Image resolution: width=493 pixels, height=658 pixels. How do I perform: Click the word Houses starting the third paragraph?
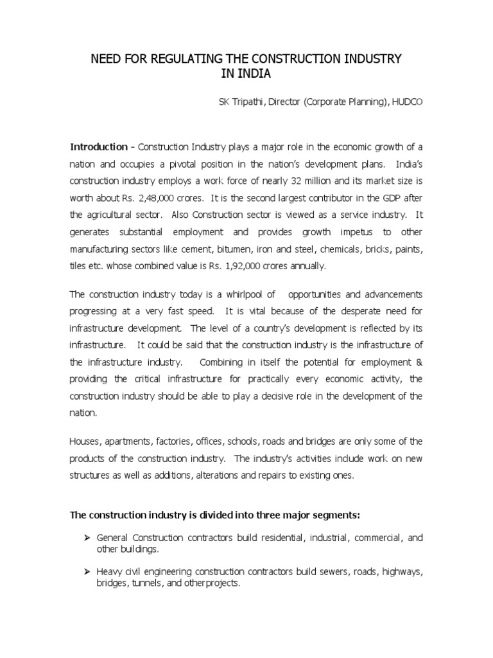(85, 443)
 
